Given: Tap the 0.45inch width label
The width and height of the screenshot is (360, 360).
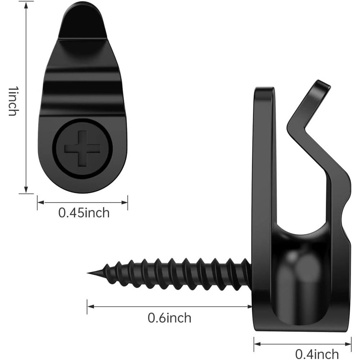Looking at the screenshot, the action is (84, 213).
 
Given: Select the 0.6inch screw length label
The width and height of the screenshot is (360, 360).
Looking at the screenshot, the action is (170, 318).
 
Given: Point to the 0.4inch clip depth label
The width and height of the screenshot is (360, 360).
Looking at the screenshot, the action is (317, 354).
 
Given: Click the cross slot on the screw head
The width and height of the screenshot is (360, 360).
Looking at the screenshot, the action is (82, 148).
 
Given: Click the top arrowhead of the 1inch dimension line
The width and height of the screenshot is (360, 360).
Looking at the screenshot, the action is (26, 5).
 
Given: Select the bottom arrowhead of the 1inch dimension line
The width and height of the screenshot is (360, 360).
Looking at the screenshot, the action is (26, 190).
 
